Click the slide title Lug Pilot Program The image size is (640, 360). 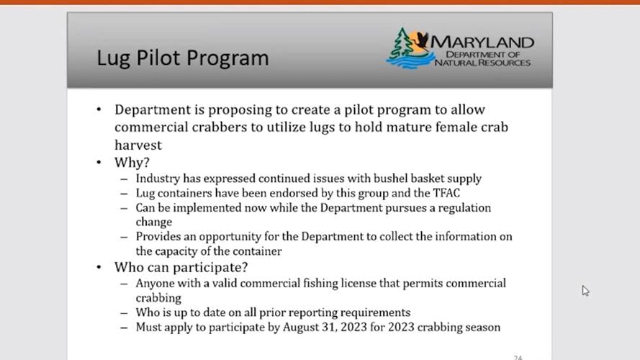(182, 58)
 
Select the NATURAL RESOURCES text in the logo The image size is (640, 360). (482, 63)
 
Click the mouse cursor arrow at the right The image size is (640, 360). (585, 290)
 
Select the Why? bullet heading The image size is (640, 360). (132, 162)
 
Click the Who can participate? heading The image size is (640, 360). (181, 267)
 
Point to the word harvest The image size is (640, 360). (138, 145)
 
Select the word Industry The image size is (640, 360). (158, 178)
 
